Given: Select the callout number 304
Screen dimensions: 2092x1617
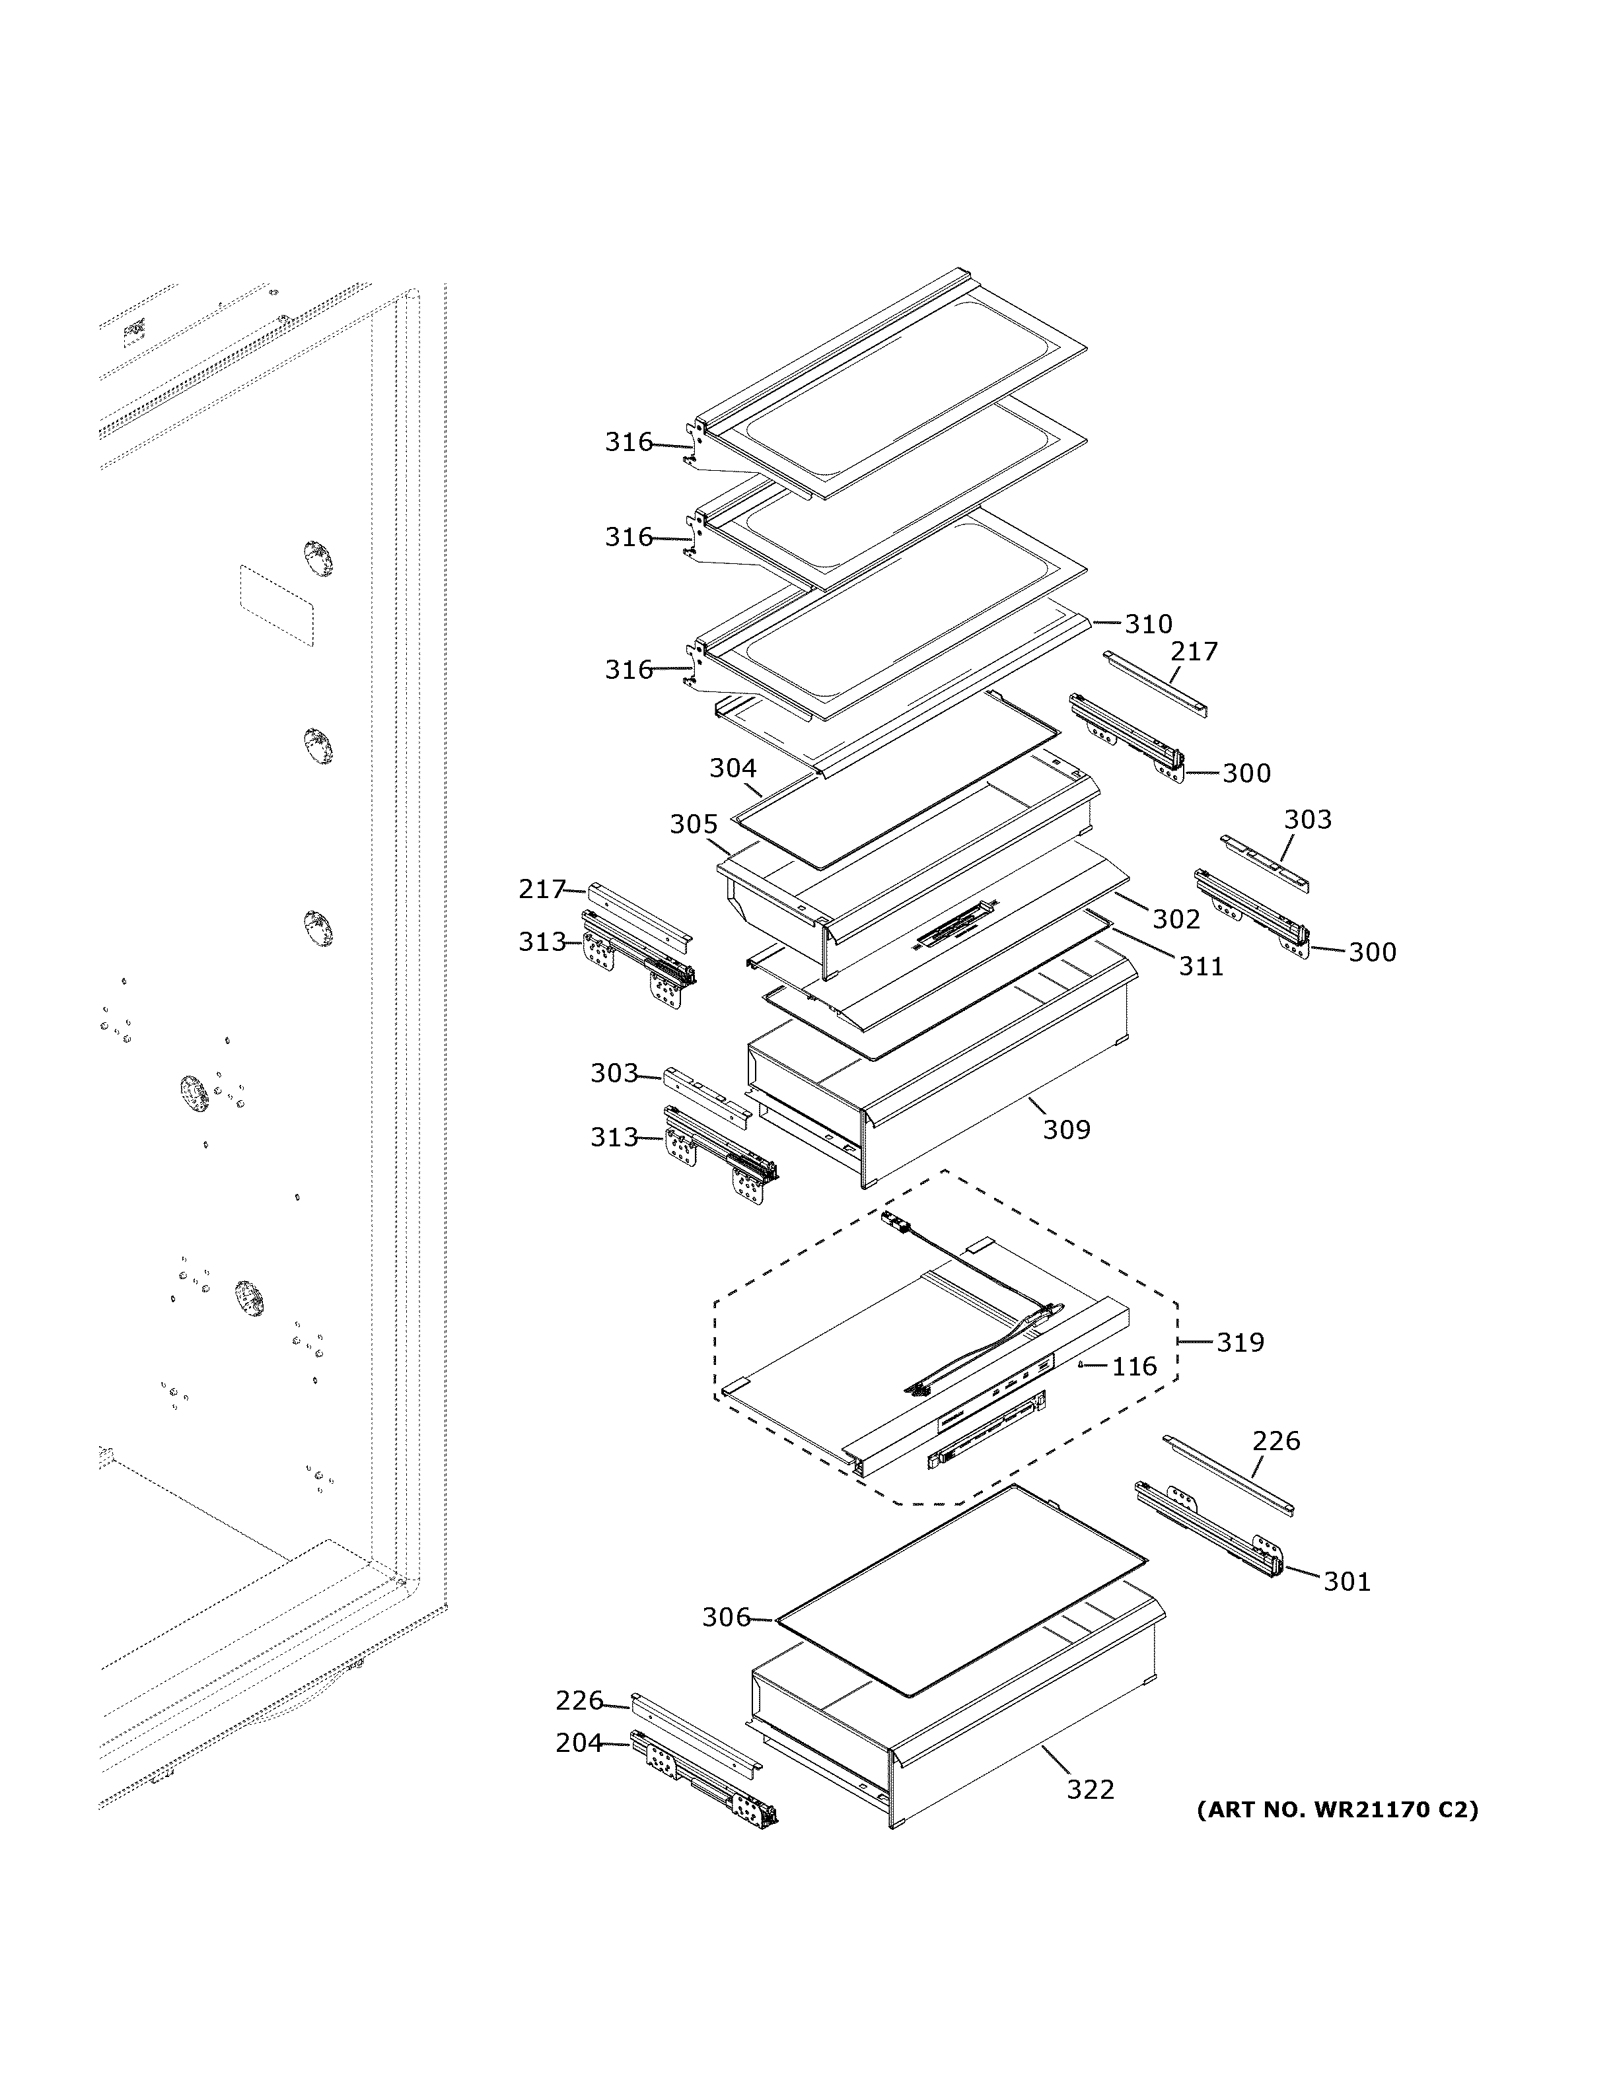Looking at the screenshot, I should (x=733, y=768).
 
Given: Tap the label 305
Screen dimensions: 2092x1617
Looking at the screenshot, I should (x=694, y=825).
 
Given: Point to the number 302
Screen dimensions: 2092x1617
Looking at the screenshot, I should (x=1175, y=920).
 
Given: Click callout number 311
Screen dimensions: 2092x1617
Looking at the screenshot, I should (x=1200, y=967).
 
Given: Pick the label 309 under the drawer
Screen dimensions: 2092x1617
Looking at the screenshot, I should (x=1066, y=1131).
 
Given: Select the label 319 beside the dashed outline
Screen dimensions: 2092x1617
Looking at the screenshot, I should (x=1240, y=1343).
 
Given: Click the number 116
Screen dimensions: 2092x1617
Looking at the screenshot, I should (x=1134, y=1367).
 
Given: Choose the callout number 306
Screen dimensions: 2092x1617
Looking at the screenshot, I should (x=726, y=1618).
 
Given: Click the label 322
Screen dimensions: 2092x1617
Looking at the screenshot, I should (x=1091, y=1790).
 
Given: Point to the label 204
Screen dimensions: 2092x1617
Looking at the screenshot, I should (x=579, y=1743).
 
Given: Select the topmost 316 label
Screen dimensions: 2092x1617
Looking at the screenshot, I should (x=628, y=442).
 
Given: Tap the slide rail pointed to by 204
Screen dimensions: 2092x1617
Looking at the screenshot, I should (x=704, y=1778).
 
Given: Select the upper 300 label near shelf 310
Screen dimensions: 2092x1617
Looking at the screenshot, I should (x=1246, y=773).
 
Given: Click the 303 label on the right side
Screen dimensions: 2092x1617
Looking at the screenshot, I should (x=1308, y=820).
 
